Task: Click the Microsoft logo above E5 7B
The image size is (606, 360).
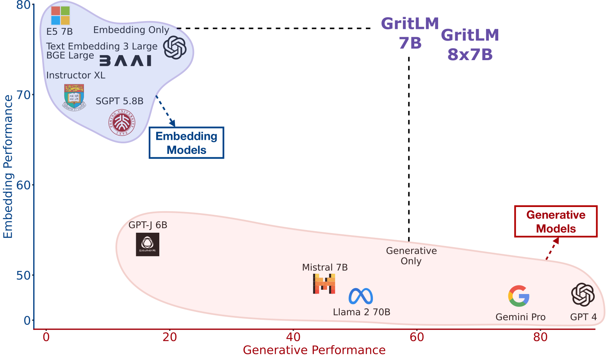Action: pos(61,16)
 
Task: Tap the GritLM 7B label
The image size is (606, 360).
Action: pos(410,34)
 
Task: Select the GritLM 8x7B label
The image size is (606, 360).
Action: pos(470,45)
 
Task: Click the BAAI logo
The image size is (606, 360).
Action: pos(125,61)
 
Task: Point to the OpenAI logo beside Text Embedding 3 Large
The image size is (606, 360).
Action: pos(175,48)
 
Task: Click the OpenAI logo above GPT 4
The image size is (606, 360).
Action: pos(583,294)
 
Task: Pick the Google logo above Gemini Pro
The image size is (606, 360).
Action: pos(519,296)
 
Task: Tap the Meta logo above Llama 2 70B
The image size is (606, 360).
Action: pos(360,296)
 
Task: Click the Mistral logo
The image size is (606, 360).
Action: pos(324,283)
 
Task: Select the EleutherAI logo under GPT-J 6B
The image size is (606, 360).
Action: pos(148,244)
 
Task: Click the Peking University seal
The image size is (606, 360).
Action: pos(122,123)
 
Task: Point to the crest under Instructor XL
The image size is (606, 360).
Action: pos(74,96)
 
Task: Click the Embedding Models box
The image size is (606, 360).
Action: pos(186,143)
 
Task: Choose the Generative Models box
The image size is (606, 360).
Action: pos(556,221)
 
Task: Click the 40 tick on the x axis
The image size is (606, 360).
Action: pos(293,337)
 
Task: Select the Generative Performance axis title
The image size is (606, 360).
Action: pos(314,350)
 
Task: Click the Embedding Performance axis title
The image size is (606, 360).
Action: pos(8,167)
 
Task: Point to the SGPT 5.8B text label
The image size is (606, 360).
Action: pos(119,101)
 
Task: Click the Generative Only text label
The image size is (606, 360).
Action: pos(411,256)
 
